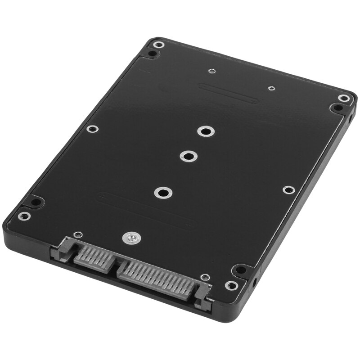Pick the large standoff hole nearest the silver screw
click(x=162, y=193)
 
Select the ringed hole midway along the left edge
click(x=92, y=129)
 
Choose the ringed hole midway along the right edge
click(x=288, y=189)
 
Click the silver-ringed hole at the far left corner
click(x=157, y=44)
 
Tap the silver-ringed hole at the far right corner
click(x=344, y=98)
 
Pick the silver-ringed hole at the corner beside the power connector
click(x=231, y=285)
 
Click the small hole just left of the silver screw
click(x=78, y=234)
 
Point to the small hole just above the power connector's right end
click(x=205, y=277)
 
